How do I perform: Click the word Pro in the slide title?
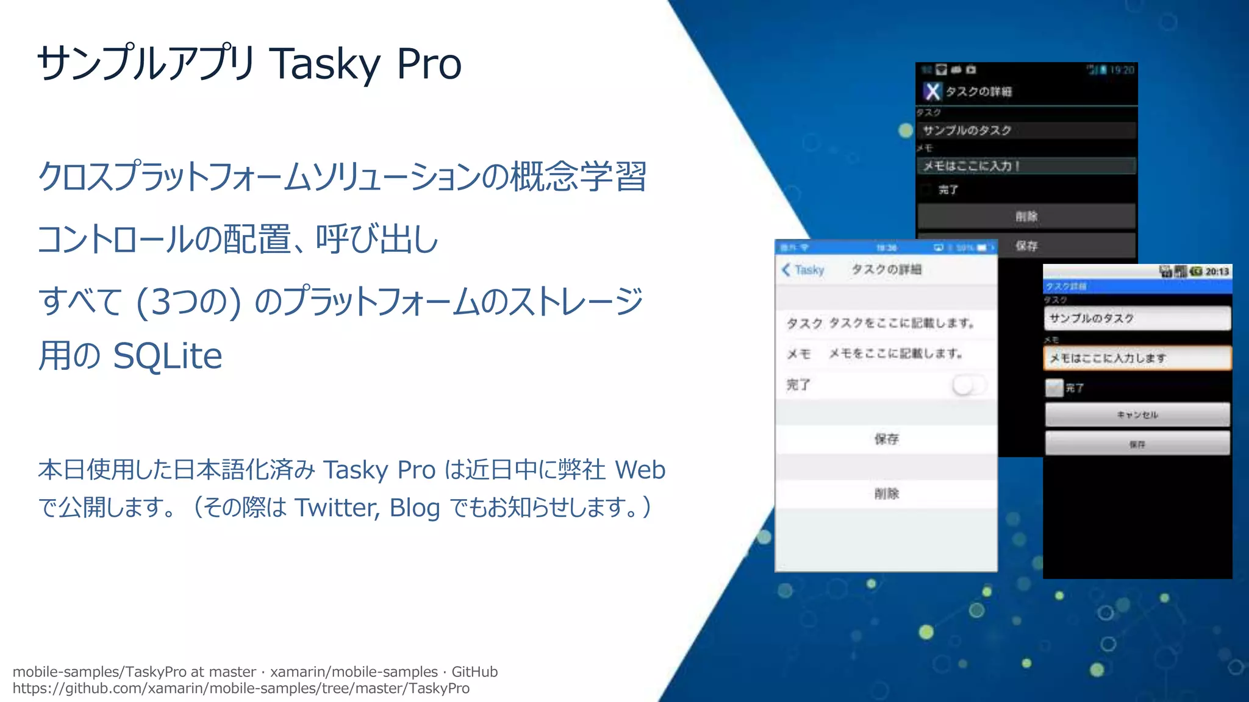[x=429, y=63]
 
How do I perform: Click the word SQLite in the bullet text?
[x=168, y=356]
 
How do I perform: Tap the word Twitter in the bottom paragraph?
[x=336, y=507]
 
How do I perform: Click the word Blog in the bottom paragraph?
[x=415, y=507]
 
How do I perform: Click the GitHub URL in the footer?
[x=241, y=689]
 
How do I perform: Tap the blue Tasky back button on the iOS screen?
[x=803, y=270]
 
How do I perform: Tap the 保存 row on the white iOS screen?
[x=886, y=439]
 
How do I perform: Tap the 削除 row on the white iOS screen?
[x=886, y=494]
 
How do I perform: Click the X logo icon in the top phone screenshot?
[x=932, y=91]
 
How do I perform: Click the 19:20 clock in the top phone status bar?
[x=1122, y=70]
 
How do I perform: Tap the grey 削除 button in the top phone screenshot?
[x=1026, y=216]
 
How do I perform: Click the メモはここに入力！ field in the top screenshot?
[x=1026, y=166]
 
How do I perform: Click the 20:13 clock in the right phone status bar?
[x=1217, y=271]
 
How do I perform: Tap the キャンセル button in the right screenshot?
[x=1137, y=414]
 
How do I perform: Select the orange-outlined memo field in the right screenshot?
[x=1137, y=358]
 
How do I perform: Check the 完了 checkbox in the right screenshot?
[x=1054, y=388]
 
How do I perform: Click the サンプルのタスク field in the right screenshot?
[x=1137, y=318]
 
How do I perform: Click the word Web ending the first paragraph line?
[x=640, y=470]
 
